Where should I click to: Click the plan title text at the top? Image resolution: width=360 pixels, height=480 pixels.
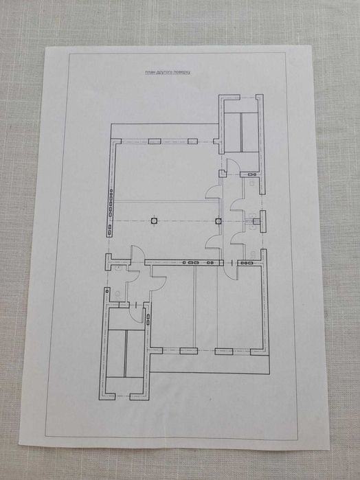[167, 72]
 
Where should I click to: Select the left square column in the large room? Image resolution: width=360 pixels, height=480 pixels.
[154, 220]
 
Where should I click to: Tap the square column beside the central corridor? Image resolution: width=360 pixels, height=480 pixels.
[218, 220]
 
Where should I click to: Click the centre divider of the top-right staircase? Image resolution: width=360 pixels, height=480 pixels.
[241, 133]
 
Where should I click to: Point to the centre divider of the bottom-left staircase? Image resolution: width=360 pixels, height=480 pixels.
[125, 353]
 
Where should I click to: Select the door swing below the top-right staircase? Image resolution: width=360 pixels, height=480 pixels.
[229, 166]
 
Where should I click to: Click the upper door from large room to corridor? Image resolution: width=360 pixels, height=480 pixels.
[212, 192]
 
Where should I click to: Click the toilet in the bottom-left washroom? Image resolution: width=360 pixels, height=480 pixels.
[117, 294]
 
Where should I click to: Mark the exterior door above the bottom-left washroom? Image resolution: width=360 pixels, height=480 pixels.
[137, 253]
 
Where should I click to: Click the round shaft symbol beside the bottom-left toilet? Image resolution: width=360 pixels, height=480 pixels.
[107, 291]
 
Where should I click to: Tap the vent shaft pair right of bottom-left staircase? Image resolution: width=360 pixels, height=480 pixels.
[148, 319]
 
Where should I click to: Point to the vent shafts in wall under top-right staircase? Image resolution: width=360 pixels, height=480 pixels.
[252, 174]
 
